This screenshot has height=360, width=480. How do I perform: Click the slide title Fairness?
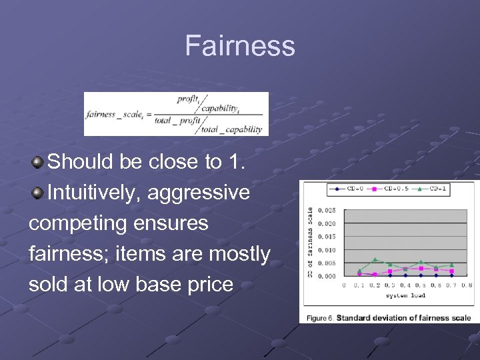[x=239, y=46]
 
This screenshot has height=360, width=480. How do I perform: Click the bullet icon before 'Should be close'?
[x=39, y=161]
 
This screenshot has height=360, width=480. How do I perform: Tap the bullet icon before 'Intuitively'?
[x=39, y=193]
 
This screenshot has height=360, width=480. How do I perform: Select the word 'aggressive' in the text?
[x=199, y=193]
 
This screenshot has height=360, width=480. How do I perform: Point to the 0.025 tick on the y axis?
[x=327, y=211]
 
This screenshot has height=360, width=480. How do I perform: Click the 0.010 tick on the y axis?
[x=327, y=250]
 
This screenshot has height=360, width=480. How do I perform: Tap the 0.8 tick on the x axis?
[x=467, y=285]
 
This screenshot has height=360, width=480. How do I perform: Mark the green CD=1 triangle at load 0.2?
[x=375, y=259]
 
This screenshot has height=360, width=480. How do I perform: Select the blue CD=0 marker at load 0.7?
[x=451, y=275]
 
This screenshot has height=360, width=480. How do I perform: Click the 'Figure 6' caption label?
[x=320, y=318]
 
